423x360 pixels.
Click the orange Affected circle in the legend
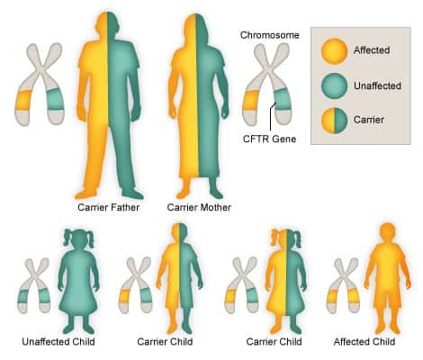click(334, 51)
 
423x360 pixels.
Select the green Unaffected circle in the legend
click(334, 85)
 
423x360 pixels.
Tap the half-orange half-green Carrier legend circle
click(334, 121)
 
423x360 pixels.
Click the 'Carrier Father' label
click(108, 207)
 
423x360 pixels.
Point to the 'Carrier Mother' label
click(199, 207)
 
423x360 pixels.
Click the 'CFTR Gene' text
click(269, 139)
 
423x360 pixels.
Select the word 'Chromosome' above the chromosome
click(270, 35)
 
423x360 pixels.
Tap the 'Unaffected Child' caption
click(58, 342)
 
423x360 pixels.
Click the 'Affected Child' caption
click(364, 342)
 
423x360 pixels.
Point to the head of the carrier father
click(108, 24)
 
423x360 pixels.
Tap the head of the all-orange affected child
click(387, 233)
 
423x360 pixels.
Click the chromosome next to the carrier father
click(40, 84)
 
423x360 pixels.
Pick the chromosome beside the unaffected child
click(34, 285)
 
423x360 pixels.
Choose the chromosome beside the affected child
click(343, 285)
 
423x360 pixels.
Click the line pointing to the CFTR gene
click(272, 116)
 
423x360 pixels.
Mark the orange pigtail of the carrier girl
click(275, 237)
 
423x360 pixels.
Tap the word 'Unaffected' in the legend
click(377, 85)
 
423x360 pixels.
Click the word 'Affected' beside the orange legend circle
click(372, 50)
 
